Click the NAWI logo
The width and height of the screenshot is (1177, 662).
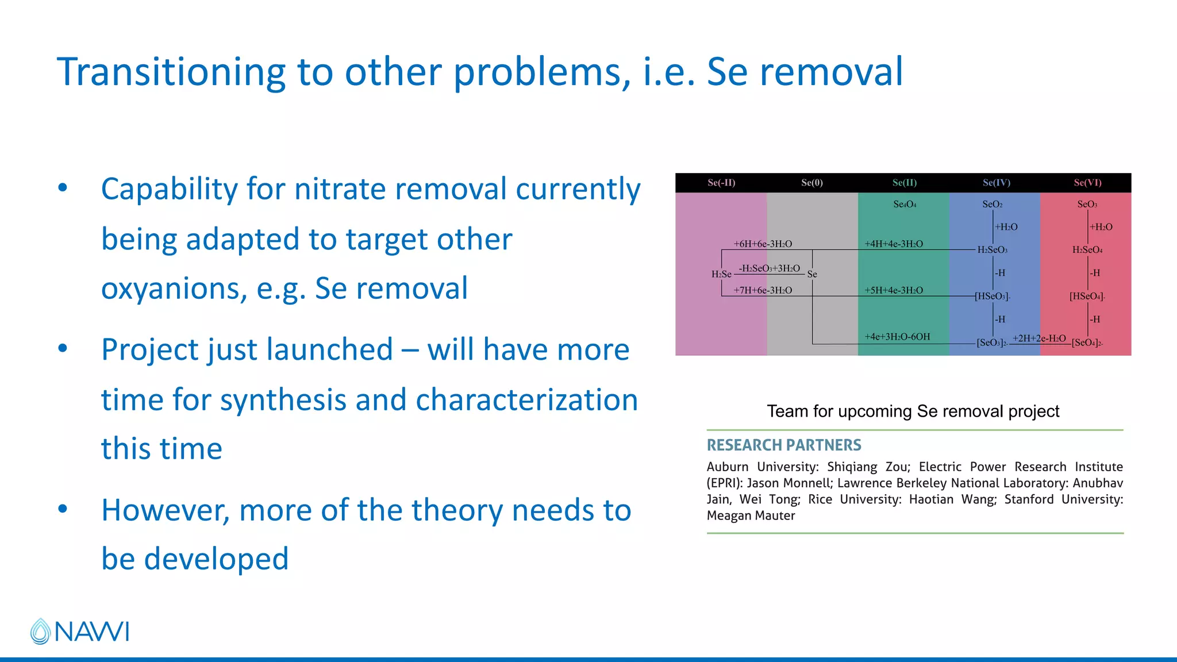(79, 631)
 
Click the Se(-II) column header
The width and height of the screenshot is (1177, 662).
(721, 183)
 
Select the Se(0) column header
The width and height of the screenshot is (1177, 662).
(812, 183)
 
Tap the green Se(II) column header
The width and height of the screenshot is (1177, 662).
(905, 183)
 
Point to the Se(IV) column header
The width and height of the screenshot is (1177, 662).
(996, 183)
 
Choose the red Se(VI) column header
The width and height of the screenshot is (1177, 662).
(1087, 183)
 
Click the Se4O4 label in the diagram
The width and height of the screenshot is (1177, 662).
(905, 205)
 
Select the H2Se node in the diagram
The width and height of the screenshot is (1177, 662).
(721, 274)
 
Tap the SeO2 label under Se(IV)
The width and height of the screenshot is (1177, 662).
(993, 205)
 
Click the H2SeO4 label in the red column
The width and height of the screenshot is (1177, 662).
(1087, 250)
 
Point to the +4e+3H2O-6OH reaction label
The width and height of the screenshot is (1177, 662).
(897, 337)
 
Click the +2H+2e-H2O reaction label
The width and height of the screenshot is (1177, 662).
(1039, 338)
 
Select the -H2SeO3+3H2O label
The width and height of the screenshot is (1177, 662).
(769, 268)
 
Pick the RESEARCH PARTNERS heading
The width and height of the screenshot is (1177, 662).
(784, 445)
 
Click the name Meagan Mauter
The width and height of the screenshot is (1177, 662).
(751, 516)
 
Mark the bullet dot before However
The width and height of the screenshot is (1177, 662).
(63, 509)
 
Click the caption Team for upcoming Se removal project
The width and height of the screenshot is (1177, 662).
(913, 411)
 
